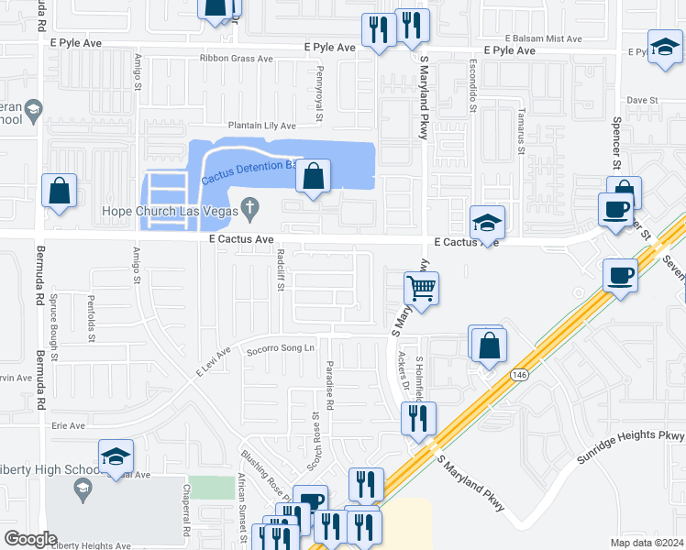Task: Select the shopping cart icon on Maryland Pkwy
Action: point(421,289)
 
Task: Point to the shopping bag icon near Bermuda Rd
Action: point(59,192)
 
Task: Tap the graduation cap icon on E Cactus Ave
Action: point(487,223)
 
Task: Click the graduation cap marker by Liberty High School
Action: point(116,456)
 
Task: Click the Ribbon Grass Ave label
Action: point(237,59)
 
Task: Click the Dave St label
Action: point(643,100)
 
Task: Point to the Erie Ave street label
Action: point(68,425)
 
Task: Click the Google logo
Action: point(30,538)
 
